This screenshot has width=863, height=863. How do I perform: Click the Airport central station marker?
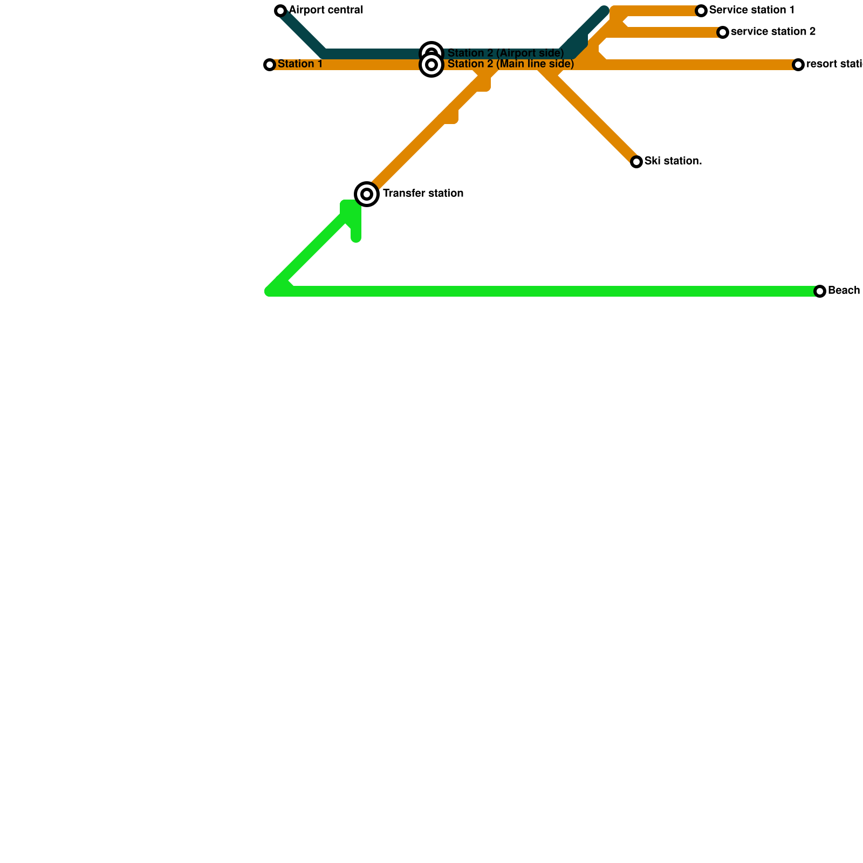pos(280,11)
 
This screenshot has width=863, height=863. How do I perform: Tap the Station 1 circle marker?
pos(270,65)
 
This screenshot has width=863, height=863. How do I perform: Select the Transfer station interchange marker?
pos(367,194)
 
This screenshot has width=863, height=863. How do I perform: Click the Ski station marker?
pos(636,162)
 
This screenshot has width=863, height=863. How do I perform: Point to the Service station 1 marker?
pos(701,11)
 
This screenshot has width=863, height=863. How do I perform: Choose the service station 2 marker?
pos(723,32)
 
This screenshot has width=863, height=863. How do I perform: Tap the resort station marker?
pos(798,65)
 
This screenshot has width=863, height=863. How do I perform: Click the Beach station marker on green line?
pos(820,291)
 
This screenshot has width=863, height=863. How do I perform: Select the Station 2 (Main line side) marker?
pos(432,65)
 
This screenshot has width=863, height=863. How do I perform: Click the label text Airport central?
pos(326,10)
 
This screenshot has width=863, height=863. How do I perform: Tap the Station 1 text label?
pos(300,64)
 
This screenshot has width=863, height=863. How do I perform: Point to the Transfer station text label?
pos(423,194)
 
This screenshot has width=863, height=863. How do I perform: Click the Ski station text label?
pos(673,161)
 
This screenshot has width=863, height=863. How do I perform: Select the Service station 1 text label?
pos(752,10)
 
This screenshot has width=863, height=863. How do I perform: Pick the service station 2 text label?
pos(773,32)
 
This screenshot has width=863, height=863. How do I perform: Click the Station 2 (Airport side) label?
pos(505,53)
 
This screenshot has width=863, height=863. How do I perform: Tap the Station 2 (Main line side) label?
pos(510,64)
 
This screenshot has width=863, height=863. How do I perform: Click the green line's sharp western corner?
pos(270,291)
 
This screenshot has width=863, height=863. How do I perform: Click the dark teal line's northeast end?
pos(604,10)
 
